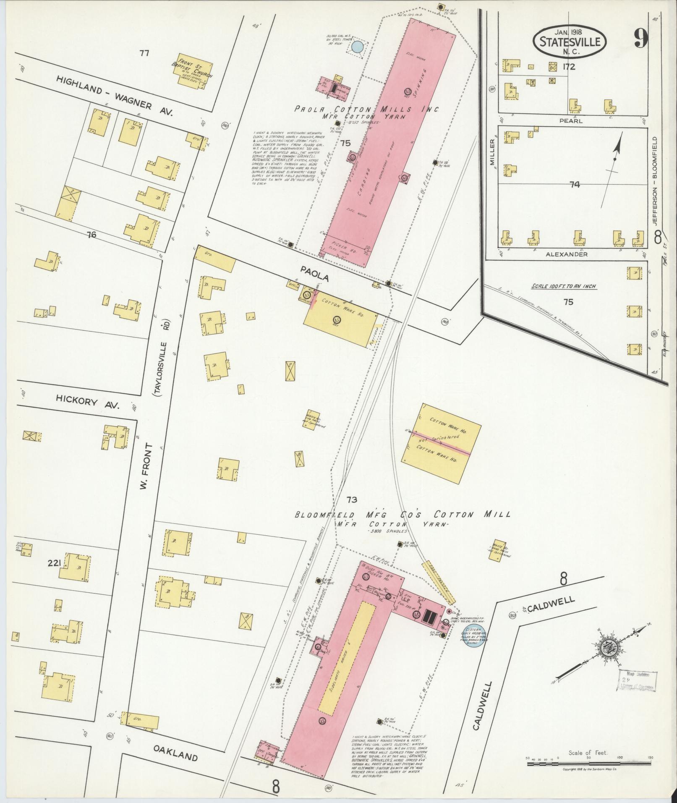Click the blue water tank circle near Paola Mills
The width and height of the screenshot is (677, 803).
357,47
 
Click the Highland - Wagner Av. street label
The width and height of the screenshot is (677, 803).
115,97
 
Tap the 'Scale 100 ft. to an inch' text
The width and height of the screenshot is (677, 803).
564,286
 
